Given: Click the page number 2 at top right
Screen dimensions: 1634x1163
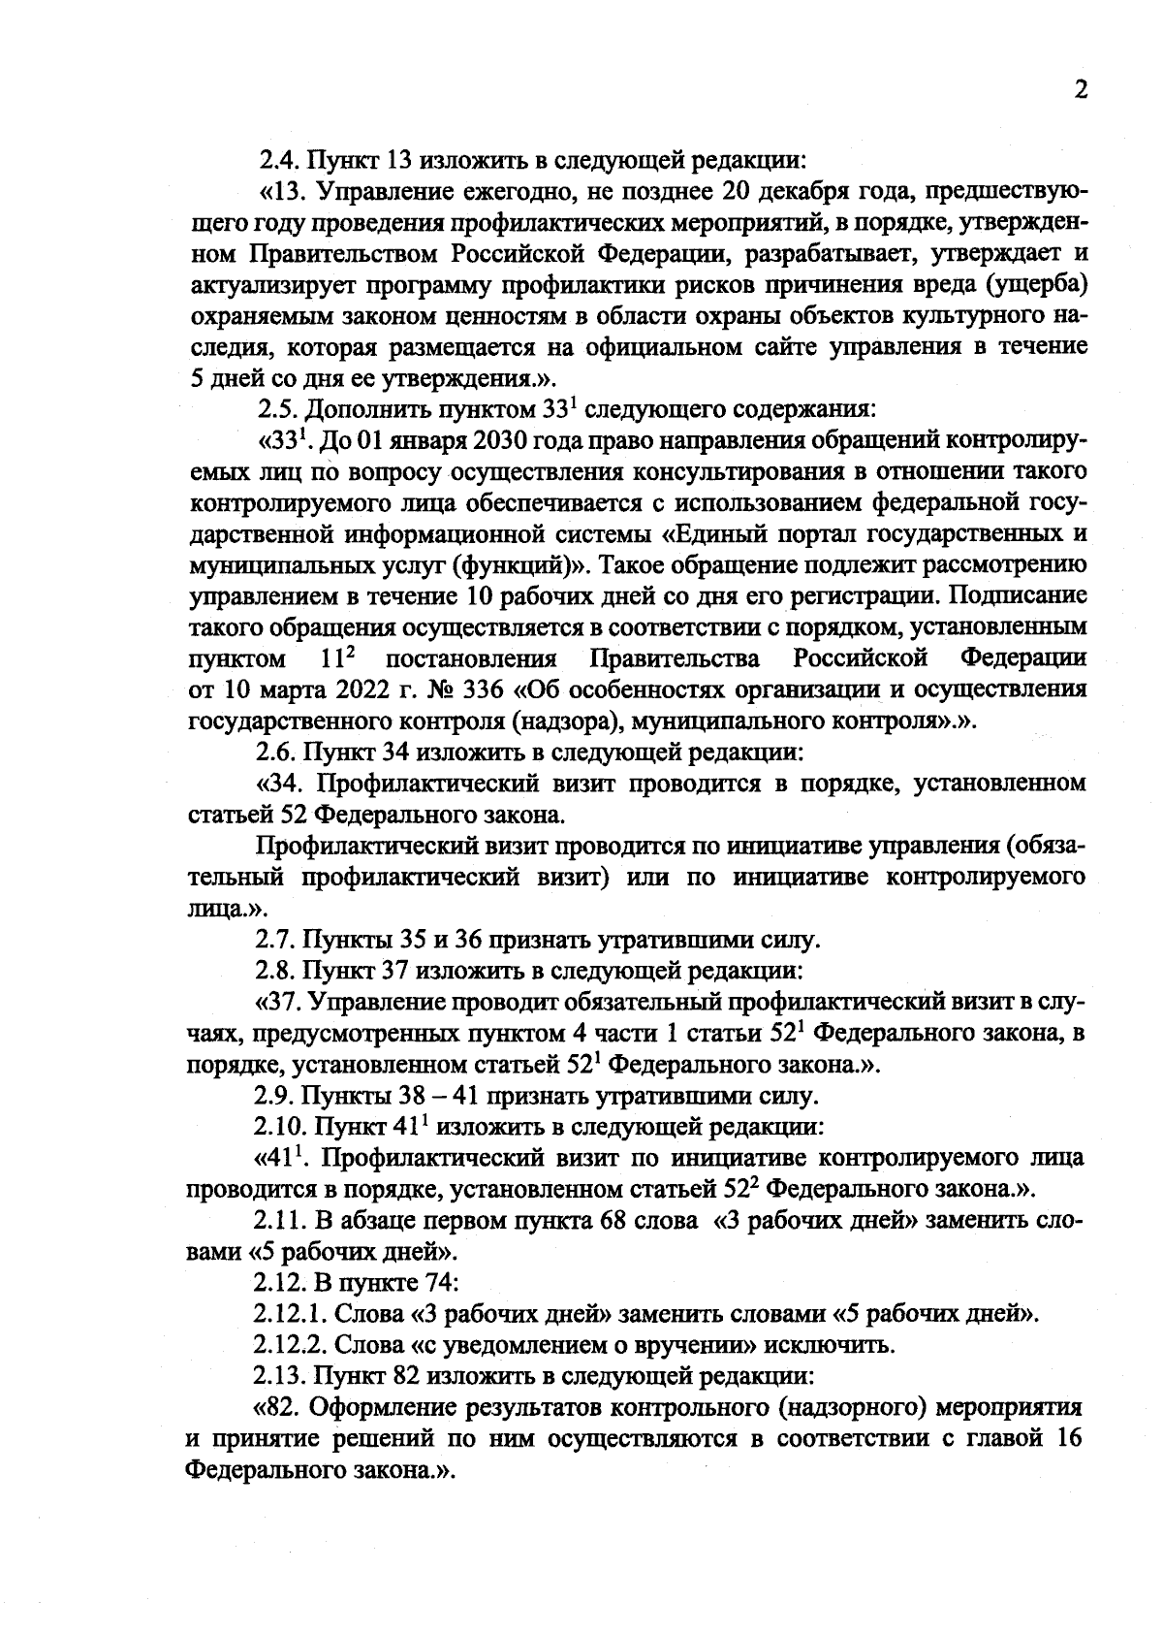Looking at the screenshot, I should [x=1080, y=90].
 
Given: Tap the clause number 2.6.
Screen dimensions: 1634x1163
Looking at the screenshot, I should [x=278, y=752].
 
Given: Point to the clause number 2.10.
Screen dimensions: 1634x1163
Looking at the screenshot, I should [x=282, y=1128].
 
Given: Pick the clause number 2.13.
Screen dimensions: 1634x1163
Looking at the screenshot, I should [x=282, y=1376].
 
